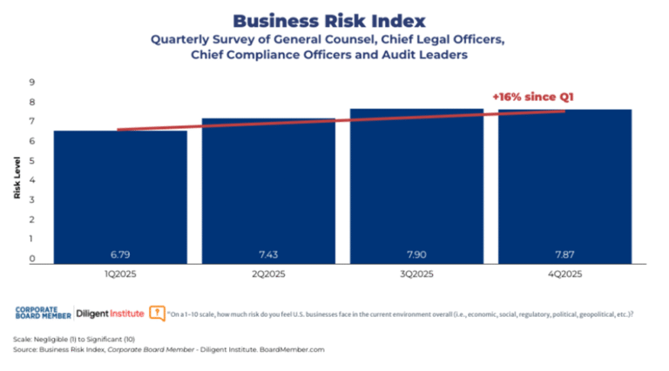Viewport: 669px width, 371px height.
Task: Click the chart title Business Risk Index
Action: pos(334,20)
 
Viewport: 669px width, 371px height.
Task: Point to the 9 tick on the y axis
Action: pos(32,83)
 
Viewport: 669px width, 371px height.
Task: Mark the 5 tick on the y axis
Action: pos(32,161)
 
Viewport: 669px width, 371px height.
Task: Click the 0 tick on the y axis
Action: pos(32,259)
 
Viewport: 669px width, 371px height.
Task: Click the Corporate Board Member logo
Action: pos(43,313)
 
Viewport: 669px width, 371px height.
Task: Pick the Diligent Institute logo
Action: pos(109,313)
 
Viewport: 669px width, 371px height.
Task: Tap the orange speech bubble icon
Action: pos(157,312)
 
